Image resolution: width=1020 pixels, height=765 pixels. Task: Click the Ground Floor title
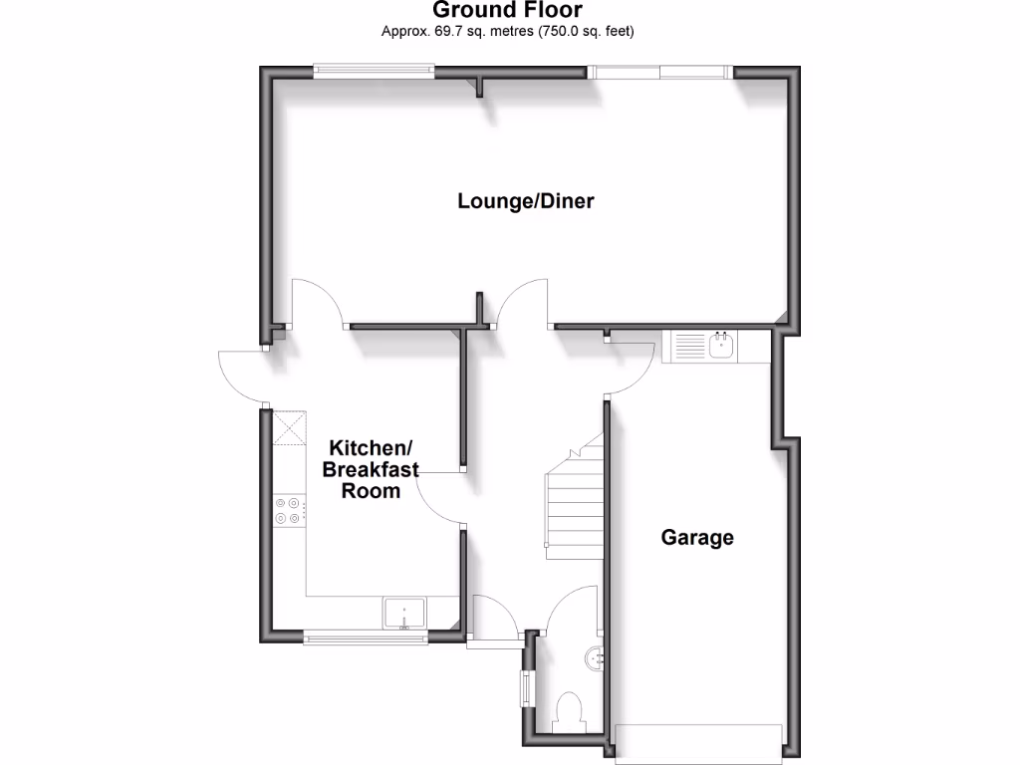508,10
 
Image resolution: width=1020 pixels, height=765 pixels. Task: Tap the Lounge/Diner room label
526,201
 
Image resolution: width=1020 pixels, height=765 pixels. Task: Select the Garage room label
697,538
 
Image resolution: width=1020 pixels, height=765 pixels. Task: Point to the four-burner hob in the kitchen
288,510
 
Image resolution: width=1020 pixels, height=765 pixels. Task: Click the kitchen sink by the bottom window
405,614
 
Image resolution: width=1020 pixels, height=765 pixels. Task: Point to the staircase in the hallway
575,498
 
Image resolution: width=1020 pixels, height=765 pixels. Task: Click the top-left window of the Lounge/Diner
374,70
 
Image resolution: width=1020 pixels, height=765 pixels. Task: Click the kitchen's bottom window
366,637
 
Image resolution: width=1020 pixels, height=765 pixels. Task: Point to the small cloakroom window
526,687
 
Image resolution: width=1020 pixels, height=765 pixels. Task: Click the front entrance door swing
495,616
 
